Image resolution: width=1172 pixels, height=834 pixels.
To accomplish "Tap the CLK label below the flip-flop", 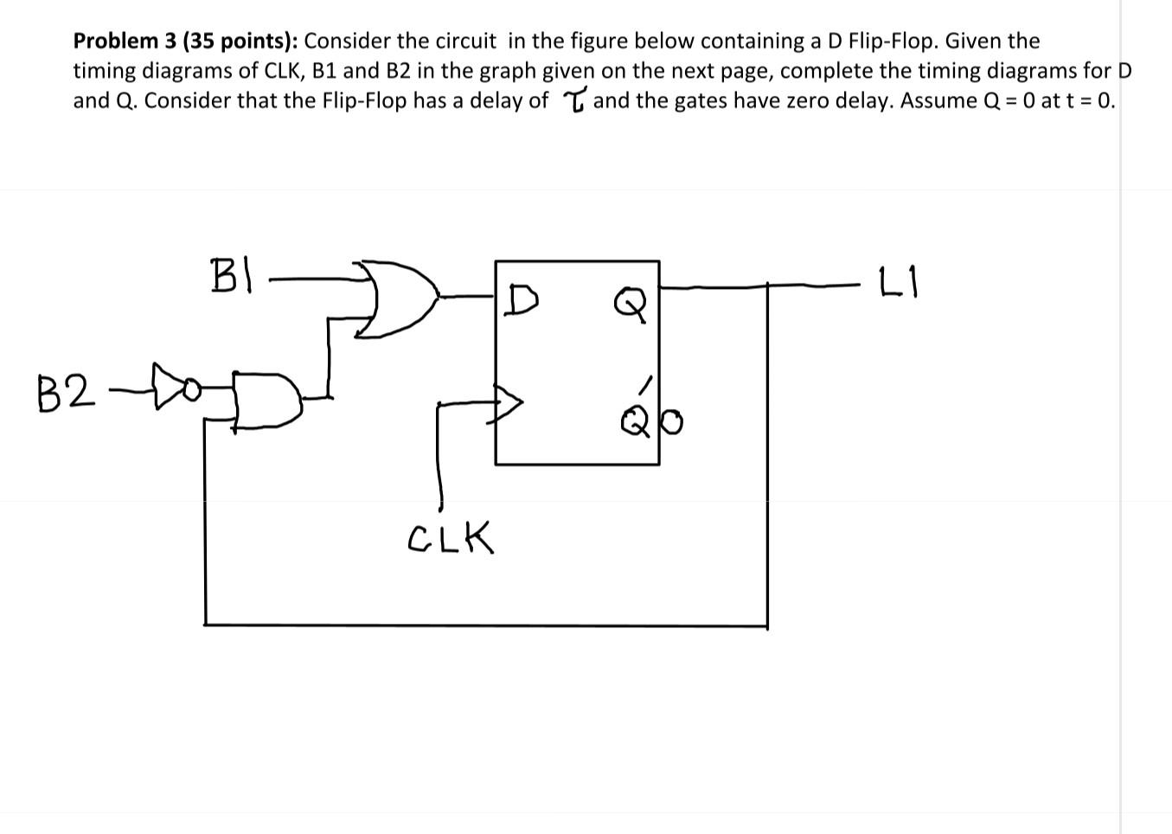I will tap(450, 538).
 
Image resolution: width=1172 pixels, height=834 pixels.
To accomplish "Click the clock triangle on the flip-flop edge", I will tap(509, 401).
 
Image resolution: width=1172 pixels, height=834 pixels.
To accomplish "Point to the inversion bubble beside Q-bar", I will tap(672, 422).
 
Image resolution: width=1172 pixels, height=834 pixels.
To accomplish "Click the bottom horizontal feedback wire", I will tap(484, 623).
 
